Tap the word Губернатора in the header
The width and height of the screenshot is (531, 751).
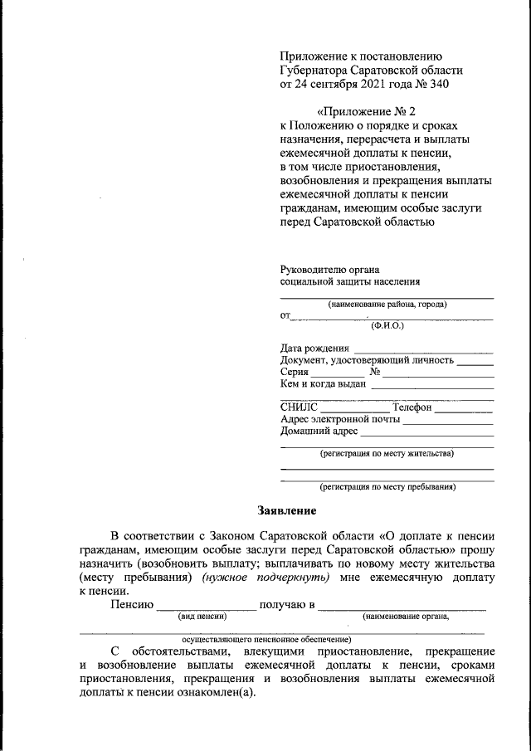point(316,71)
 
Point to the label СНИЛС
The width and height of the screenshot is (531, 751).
point(299,407)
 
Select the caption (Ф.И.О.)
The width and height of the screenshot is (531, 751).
point(387,326)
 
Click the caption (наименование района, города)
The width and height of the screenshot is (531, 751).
point(387,305)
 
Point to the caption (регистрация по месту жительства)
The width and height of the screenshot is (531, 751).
point(387,454)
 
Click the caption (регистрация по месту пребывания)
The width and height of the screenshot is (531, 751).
point(387,487)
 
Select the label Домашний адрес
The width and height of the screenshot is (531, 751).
point(319,432)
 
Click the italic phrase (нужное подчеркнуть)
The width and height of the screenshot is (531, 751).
point(260,577)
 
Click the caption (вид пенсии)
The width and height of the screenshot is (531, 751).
point(202,616)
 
